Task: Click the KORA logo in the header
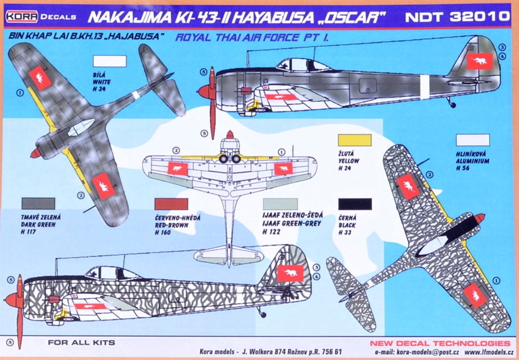[x=22, y=17]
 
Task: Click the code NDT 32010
[x=457, y=17]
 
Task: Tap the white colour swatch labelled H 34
[x=110, y=61]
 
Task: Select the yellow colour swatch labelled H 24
[x=355, y=140]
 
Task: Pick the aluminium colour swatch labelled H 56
[x=473, y=140]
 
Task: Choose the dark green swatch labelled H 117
[x=38, y=204]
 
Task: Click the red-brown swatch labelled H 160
[x=171, y=204]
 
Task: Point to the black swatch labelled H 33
[x=355, y=204]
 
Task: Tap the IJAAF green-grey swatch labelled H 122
[x=280, y=204]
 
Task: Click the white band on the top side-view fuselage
[x=424, y=87]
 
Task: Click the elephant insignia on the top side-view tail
[x=480, y=61]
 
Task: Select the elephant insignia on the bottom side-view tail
[x=290, y=273]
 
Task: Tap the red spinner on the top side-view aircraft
[x=207, y=92]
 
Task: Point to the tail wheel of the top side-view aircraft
[x=451, y=104]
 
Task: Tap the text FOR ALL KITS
[x=81, y=343]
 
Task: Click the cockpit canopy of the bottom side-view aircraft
[x=113, y=273]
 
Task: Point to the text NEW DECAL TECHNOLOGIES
[x=440, y=343]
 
